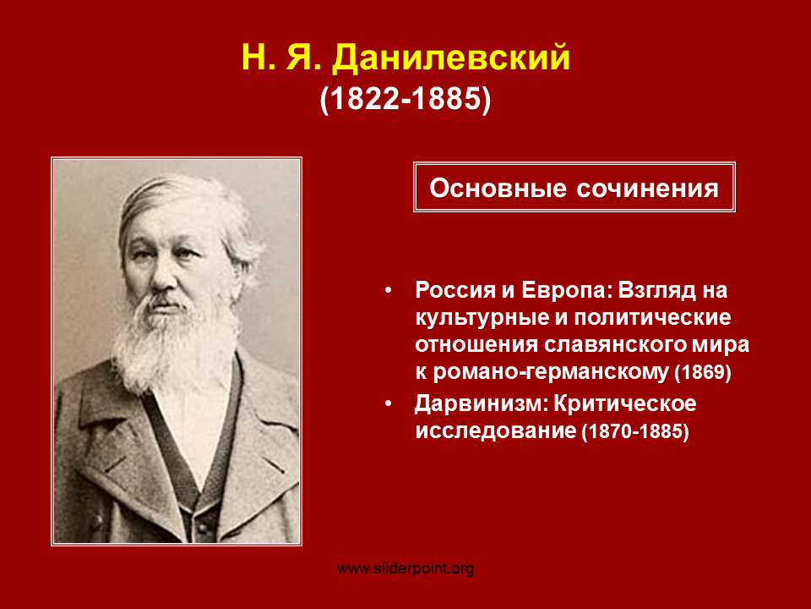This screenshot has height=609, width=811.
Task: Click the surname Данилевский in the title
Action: point(451,58)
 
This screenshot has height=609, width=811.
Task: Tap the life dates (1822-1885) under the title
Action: point(405,98)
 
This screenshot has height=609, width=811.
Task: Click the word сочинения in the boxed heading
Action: point(648,189)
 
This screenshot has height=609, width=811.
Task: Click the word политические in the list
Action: point(653,318)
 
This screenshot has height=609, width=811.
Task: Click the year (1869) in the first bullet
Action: point(703,372)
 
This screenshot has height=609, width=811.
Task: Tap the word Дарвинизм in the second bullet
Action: point(481,403)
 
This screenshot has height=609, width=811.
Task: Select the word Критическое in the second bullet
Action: point(625,404)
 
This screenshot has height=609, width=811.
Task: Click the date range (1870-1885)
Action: point(635,431)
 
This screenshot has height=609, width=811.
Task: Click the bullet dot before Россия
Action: point(388,291)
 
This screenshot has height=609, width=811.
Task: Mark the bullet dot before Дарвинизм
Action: point(388,404)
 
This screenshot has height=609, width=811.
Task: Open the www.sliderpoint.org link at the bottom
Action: point(405,569)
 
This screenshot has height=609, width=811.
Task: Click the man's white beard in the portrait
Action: point(173,342)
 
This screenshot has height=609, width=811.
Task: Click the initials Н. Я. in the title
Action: point(282,58)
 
